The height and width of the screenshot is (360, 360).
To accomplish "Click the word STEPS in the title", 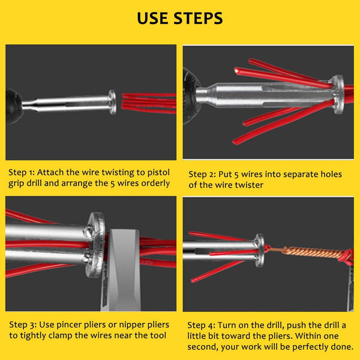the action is [198, 18].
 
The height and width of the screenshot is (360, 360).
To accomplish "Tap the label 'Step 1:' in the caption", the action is [22, 172].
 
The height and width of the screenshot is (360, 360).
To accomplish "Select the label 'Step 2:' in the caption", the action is [202, 175].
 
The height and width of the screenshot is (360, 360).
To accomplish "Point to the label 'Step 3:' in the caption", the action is [23, 325].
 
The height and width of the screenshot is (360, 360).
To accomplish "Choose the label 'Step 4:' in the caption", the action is [201, 325].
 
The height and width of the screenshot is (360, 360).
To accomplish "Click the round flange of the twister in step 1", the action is [113, 102].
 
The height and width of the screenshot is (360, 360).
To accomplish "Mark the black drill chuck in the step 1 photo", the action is [13, 106].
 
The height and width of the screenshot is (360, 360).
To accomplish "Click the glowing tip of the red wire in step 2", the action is [236, 70].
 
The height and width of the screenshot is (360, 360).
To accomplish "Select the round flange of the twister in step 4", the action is [259, 250].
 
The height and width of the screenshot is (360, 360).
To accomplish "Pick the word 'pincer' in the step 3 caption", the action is [70, 325].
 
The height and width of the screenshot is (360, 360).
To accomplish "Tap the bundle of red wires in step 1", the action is [149, 103].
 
